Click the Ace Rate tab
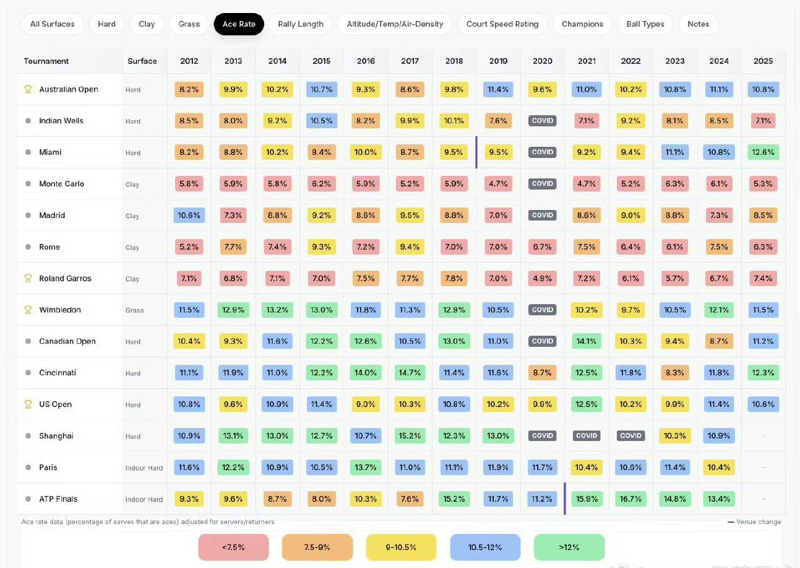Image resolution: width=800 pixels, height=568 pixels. pos(239,24)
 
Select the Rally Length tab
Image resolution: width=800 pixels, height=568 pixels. pos(301,24)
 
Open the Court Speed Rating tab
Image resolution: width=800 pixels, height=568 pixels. pos(502,24)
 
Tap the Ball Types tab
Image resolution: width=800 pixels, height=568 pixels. pos(645,24)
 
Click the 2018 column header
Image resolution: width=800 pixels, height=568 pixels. pos(454,61)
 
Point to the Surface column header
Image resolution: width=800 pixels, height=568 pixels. pos(142,61)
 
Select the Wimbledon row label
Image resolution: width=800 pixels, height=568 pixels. pos(60,310)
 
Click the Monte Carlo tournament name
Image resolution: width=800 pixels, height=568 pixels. pos(61,184)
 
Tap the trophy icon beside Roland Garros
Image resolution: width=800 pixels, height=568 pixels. pos(28,278)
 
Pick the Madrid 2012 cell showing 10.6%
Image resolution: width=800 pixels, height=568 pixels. pos(189,215)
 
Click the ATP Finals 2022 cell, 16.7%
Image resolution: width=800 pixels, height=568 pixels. pos(630,499)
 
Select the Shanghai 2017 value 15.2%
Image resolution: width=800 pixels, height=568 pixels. pos(410,435)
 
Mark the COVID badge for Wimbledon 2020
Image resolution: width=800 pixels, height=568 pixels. pos(542,310)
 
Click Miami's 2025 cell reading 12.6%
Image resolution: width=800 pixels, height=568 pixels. pos(763,152)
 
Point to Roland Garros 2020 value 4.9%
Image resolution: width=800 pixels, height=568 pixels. pos(542,278)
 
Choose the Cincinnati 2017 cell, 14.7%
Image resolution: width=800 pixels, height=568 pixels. pos(410,373)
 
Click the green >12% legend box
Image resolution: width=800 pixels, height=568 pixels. pos(569,548)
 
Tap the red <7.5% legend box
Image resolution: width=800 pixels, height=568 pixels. pos(233,548)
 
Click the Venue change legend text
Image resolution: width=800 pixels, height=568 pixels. pos(759,522)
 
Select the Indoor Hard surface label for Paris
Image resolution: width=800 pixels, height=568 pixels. pos(144,468)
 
